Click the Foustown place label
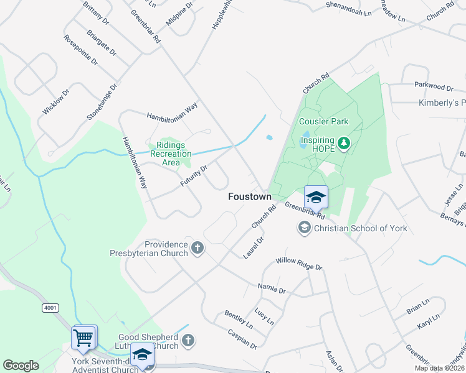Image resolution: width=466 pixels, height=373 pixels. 249,196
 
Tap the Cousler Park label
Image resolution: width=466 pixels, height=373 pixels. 323,121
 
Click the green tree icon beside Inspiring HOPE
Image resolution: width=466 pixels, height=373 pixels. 343,145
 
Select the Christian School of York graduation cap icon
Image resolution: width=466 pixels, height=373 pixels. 305,228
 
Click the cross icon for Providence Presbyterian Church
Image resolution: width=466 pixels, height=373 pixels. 197,249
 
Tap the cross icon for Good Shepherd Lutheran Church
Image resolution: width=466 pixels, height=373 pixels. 188,340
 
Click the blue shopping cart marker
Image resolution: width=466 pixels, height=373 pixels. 83,338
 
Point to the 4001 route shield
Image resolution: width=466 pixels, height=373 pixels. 50,308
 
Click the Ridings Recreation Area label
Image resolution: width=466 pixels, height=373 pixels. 171,153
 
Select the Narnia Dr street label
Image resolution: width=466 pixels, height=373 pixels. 271,288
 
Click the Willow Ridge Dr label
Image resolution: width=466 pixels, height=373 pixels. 298,264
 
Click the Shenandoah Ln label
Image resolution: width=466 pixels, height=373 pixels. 349,9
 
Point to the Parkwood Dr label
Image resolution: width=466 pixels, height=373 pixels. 434,87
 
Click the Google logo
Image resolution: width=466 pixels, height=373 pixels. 21,366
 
